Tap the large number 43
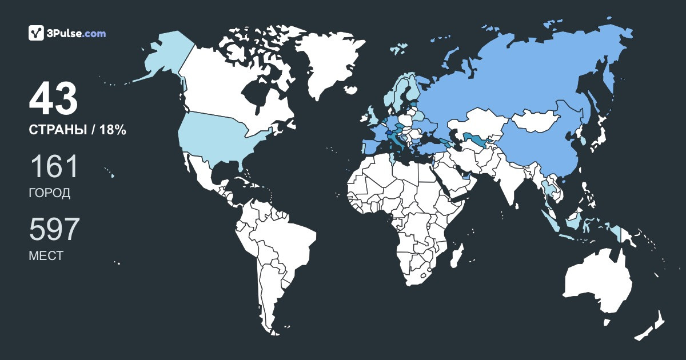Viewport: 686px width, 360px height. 53,99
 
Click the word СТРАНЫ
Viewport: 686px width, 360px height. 57,130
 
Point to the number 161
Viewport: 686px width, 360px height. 53,167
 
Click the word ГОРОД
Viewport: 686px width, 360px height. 50,193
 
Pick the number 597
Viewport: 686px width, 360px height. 54,230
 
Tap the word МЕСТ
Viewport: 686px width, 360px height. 46,256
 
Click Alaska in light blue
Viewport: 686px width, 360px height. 163,57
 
